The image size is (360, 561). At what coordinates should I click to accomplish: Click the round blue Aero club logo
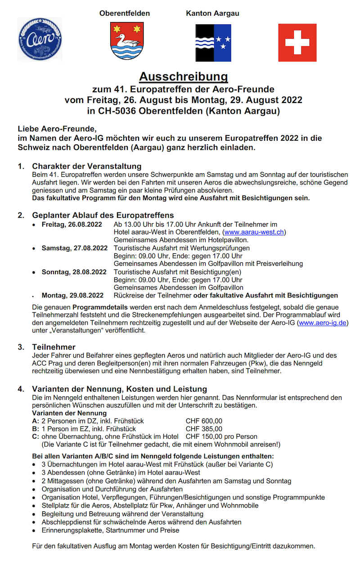coord(40,40)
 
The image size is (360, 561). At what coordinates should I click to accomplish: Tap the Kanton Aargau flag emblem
coord(213,43)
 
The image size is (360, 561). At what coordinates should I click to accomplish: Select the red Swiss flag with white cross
coord(297,43)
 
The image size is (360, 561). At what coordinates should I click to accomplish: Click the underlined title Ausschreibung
coord(183,76)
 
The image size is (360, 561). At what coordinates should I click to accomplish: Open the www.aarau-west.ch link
coord(255,232)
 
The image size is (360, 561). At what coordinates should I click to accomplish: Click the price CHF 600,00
coord(204,421)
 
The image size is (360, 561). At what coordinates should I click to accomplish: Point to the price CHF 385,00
coord(204,429)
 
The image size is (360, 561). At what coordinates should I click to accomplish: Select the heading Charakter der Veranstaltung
coord(86,166)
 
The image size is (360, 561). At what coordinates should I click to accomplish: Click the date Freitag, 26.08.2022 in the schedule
coord(72,224)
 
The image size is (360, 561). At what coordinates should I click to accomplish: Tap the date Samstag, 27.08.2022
coord(74,248)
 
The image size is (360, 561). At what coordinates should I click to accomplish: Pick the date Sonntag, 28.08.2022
coord(74,272)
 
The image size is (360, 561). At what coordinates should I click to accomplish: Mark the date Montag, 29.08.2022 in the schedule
coord(72,296)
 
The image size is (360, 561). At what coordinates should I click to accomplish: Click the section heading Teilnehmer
coord(54,347)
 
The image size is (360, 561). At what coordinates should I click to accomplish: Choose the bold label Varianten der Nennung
coord(69,413)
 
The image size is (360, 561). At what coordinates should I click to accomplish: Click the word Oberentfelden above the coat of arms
coord(125,13)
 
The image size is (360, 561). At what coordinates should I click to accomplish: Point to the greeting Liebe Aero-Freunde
coord(57,129)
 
